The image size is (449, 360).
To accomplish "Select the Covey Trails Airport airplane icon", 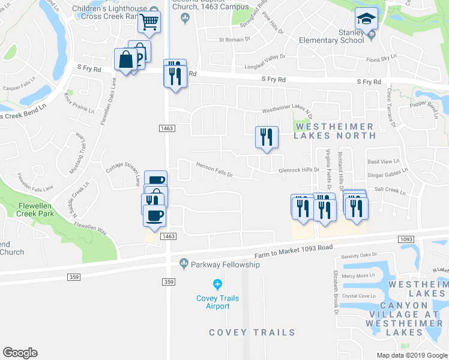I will (217, 284).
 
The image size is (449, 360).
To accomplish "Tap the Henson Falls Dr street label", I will (214, 170).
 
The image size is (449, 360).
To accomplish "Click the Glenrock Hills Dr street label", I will (299, 170).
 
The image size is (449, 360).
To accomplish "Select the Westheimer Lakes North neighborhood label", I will (334, 131).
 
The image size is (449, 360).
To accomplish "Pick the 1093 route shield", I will (406, 239).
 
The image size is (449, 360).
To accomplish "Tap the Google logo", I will (20, 353).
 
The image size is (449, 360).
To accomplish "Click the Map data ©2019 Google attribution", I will (412, 355).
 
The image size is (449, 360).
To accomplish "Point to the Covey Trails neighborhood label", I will (252, 332).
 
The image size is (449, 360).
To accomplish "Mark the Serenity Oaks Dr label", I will (360, 255).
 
